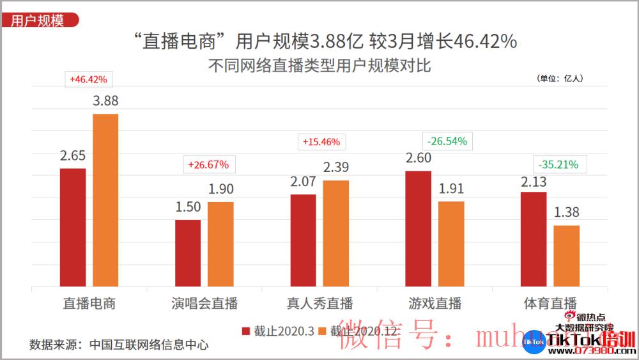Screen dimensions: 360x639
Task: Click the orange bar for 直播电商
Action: click(105, 200)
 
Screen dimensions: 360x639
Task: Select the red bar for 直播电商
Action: click(73, 227)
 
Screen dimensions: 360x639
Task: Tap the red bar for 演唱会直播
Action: click(188, 253)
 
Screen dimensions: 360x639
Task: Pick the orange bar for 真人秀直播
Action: click(335, 233)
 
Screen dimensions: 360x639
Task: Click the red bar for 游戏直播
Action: click(419, 228)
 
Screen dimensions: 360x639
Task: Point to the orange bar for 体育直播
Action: click(566, 256)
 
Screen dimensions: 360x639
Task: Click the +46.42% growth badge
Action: click(89, 80)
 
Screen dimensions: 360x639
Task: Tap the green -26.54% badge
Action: click(447, 141)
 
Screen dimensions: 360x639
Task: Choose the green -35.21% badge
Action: click(558, 164)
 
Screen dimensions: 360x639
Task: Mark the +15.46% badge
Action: click(321, 141)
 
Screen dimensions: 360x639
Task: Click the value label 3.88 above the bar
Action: click(106, 100)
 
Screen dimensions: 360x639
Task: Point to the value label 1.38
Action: click(566, 212)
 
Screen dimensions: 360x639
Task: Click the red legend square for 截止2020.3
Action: click(245, 331)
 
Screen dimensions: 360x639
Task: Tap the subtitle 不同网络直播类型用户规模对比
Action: click(319, 66)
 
